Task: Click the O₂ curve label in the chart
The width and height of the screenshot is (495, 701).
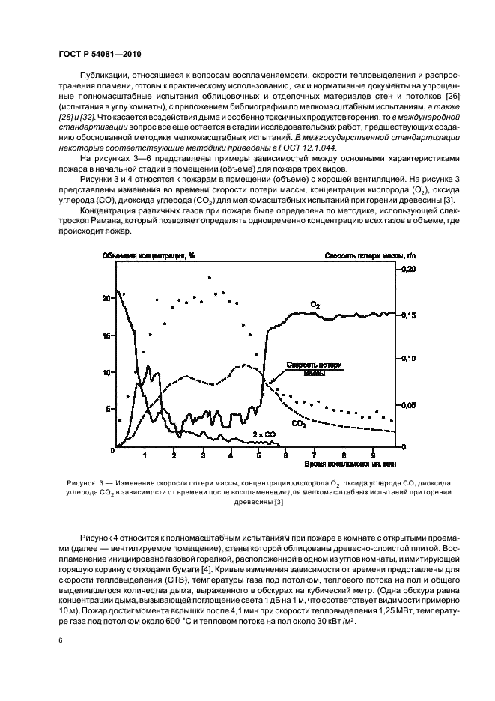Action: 315,305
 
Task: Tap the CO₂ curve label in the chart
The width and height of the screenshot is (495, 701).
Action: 298,424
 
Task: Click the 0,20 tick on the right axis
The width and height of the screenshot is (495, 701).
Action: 409,268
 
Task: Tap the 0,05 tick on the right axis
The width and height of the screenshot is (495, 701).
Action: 409,405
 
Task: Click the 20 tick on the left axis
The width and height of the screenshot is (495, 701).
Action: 106,298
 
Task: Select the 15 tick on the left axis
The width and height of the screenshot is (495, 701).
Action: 106,336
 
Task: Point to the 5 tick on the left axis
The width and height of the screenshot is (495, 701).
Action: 108,409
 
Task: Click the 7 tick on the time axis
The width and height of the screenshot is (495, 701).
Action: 314,455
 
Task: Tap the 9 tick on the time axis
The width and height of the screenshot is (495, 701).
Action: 373,455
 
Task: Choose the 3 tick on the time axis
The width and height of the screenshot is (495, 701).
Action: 203,455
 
